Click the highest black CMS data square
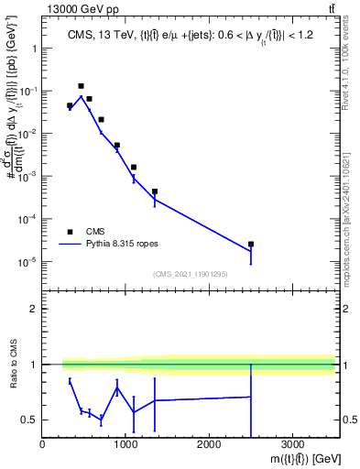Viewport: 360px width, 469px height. pos(81,86)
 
